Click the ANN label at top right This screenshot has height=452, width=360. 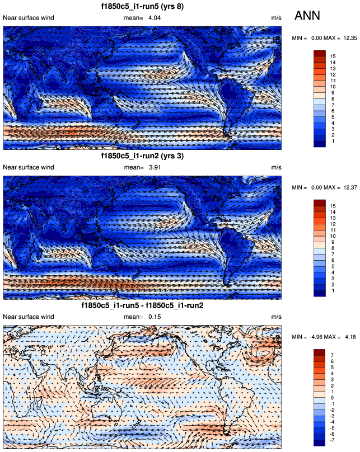[307, 16]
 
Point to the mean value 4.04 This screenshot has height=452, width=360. [155, 18]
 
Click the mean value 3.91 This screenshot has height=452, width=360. [155, 167]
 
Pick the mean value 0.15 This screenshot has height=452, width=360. [155, 317]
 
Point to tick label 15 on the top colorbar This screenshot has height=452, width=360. [333, 57]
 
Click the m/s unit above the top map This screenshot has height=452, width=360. [276, 18]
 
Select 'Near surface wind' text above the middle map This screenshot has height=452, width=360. [29, 167]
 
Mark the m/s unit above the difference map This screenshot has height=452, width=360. [276, 317]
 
